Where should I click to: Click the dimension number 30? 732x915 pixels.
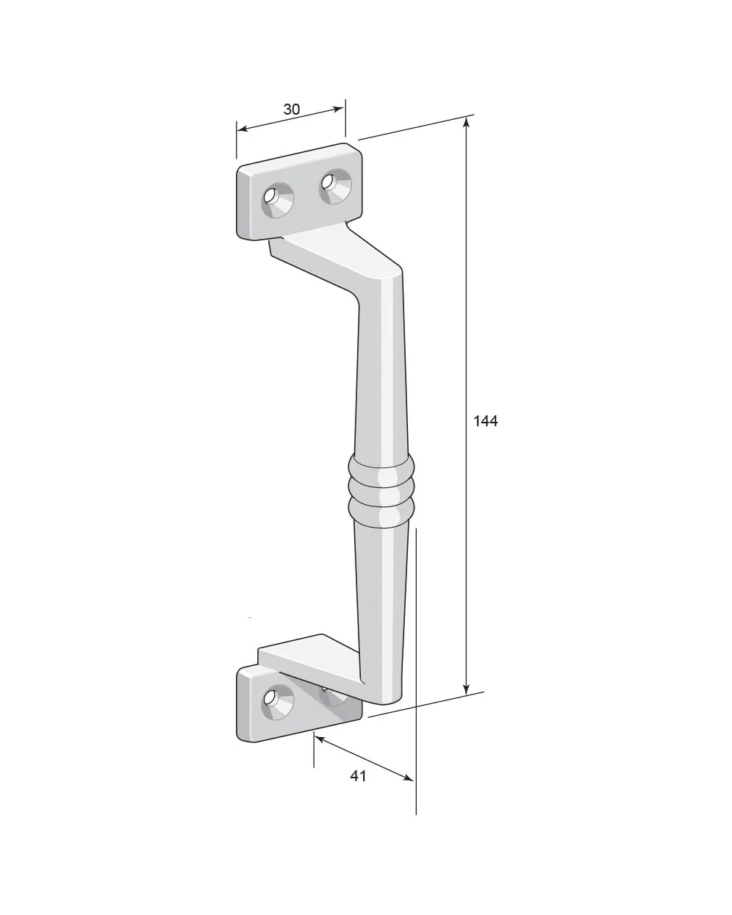click(291, 110)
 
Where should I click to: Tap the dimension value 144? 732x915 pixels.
click(485, 421)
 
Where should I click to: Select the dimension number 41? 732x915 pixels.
click(358, 775)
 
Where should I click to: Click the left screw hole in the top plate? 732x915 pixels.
click(276, 199)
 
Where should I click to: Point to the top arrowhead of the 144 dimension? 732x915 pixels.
click(467, 123)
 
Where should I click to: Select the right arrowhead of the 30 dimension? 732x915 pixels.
click(338, 109)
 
